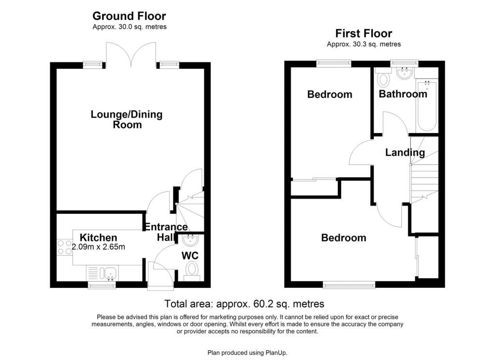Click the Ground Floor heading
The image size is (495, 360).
click(129, 16)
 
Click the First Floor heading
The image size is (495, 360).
click(364, 33)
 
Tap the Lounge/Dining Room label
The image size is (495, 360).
click(127, 120)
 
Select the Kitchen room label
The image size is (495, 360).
click(98, 238)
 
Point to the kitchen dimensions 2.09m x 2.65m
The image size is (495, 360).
click(98, 247)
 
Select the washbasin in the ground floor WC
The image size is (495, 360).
click(190, 240)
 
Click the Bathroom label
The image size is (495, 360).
click(403, 94)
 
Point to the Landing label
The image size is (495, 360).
click(405, 153)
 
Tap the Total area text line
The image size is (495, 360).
click(244, 304)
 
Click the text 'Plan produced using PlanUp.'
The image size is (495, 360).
click(247, 353)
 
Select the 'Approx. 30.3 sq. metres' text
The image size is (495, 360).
click(364, 44)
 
